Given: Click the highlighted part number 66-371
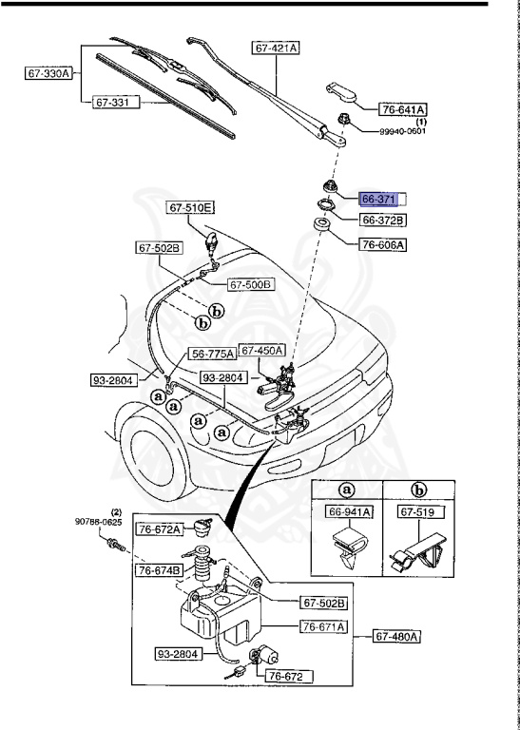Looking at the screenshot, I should [x=377, y=200].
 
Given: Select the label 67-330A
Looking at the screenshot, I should [x=48, y=72].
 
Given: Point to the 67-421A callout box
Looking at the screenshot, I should [x=276, y=47].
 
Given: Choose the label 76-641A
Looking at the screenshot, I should [x=403, y=109].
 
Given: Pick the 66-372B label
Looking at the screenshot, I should [x=383, y=221].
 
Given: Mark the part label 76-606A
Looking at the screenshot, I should [x=383, y=244].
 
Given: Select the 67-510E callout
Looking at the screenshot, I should [x=192, y=207].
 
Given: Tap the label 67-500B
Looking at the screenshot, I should [x=250, y=283].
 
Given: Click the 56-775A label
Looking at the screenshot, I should [x=212, y=354].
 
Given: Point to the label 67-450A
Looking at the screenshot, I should [x=262, y=350].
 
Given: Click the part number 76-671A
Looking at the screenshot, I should [x=324, y=626].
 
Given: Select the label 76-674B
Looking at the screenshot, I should [x=159, y=570].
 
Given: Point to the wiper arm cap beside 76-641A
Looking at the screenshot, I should [x=341, y=92].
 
